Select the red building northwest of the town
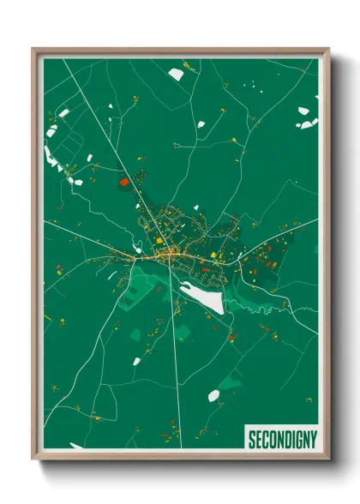click(x=124, y=182)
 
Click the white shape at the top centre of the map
click(x=176, y=75)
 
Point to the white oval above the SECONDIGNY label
click(x=213, y=395)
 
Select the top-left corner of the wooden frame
click(x=33, y=50)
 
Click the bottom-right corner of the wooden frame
click(x=328, y=460)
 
